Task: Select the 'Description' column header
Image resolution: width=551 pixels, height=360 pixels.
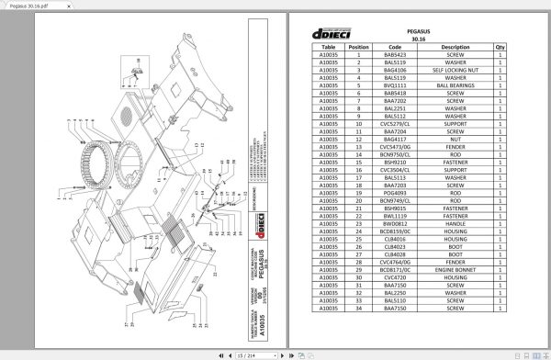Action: pos(455,45)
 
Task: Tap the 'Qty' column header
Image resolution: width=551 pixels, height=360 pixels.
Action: pos(500,45)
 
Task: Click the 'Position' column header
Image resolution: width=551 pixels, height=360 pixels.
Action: pos(359,45)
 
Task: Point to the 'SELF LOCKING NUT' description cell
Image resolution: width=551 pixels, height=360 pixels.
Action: pos(455,69)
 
